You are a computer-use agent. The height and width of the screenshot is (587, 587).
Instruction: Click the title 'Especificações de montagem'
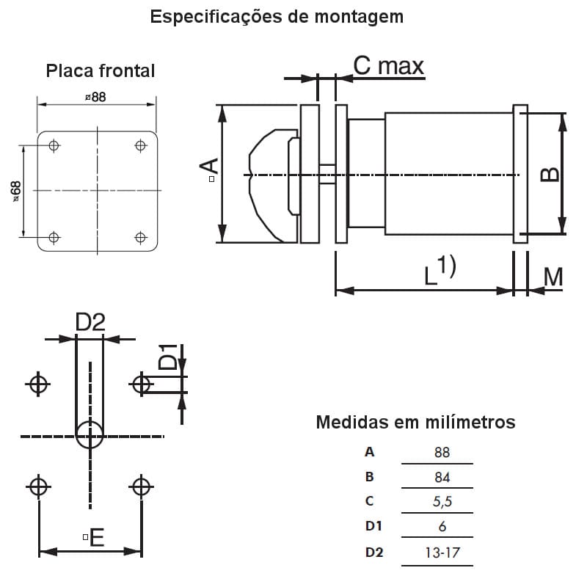click(277, 16)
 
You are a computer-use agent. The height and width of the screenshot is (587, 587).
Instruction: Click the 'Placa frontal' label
click(101, 70)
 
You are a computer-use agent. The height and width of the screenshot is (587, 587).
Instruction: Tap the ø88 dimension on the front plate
click(95, 96)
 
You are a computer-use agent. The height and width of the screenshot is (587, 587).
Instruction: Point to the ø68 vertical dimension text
click(15, 190)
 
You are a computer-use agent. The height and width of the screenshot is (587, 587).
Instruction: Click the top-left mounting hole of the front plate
click(53, 145)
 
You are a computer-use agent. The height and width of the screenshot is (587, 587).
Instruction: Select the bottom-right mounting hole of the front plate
click(140, 237)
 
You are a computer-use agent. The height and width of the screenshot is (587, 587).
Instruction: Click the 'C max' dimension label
click(388, 66)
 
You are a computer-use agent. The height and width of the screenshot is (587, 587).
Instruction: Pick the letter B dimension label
click(550, 173)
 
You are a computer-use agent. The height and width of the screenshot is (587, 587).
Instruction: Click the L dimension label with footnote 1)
click(440, 271)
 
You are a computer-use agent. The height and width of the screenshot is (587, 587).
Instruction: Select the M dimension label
click(554, 277)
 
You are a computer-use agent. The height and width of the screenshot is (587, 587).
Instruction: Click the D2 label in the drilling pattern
click(91, 321)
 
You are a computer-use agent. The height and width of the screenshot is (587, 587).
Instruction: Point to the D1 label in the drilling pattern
click(168, 357)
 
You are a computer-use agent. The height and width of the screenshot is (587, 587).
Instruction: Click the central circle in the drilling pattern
click(90, 435)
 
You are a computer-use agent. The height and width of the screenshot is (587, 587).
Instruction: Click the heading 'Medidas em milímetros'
click(415, 423)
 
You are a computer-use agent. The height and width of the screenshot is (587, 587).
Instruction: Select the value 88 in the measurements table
click(441, 453)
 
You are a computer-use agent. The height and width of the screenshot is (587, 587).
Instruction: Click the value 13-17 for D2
click(442, 552)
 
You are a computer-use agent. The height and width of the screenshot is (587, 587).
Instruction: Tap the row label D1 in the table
click(373, 526)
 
